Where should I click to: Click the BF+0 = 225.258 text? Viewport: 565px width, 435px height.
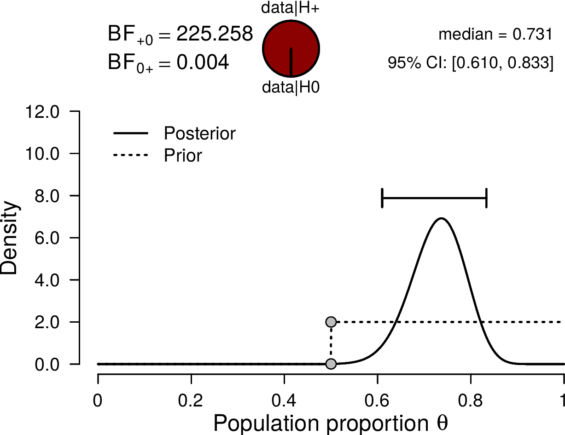tap(180, 35)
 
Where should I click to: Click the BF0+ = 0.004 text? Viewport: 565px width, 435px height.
tap(168, 63)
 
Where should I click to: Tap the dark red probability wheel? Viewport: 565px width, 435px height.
tap(291, 49)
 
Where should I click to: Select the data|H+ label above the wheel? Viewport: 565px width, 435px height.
tap(291, 8)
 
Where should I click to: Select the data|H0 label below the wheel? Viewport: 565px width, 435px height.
tap(291, 87)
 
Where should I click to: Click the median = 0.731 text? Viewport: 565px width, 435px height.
tap(495, 35)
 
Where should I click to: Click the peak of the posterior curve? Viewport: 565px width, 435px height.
tap(441, 218)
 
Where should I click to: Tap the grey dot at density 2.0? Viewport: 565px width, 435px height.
tap(331, 322)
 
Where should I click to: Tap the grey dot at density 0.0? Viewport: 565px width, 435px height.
tap(331, 364)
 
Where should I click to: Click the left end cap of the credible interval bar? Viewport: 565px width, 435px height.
tap(382, 198)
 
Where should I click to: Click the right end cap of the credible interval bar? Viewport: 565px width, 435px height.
tap(486, 198)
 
